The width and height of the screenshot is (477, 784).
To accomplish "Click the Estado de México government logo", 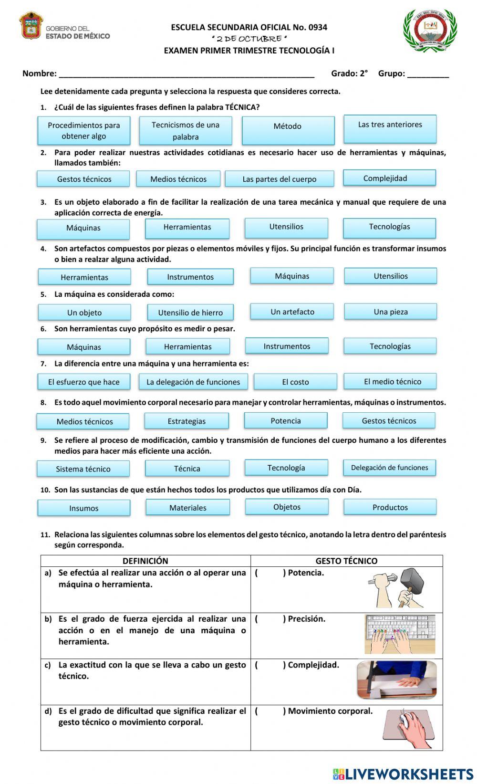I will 64,27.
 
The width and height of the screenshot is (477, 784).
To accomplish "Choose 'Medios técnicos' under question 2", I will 178,179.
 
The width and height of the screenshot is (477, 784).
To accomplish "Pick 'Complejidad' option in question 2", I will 389,178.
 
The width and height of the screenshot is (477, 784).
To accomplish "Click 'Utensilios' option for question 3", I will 286,227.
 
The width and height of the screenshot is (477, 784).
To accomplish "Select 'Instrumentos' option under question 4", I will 190,277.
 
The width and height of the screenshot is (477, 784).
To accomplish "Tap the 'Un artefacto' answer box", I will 292,312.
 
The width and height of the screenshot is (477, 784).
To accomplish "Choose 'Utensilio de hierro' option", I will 190,313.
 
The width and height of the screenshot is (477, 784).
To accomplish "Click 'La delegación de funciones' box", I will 193,382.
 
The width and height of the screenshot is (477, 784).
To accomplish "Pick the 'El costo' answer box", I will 295,382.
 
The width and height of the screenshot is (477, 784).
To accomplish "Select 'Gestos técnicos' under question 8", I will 389,420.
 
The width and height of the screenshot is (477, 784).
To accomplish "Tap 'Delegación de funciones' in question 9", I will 389,468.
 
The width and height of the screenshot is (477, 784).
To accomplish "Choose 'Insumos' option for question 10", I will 84,508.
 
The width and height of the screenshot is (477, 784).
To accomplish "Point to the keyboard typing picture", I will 400,634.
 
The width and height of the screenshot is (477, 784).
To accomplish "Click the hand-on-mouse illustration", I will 409,728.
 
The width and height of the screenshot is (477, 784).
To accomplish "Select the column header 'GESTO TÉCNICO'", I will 346,561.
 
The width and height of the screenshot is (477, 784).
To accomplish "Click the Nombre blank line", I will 186,73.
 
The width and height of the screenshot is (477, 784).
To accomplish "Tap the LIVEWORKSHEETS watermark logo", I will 403,774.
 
